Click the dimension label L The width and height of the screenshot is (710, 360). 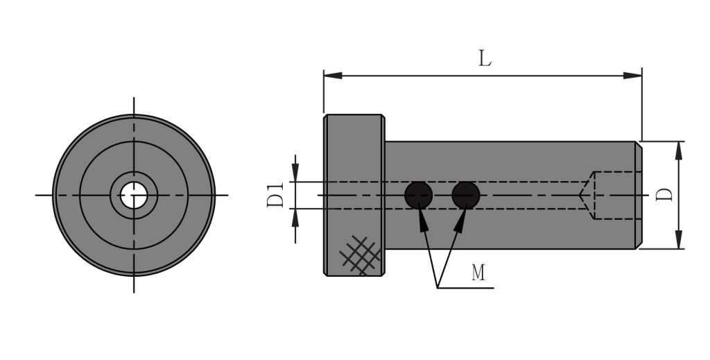click(x=485, y=58)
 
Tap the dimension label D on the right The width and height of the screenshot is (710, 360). click(x=665, y=195)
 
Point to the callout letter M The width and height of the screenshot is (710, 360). click(x=478, y=273)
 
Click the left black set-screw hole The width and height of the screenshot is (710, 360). click(x=418, y=195)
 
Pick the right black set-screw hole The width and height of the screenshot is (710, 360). click(x=466, y=195)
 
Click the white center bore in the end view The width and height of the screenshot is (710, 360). click(x=134, y=195)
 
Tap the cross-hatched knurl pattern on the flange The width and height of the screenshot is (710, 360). click(x=361, y=255)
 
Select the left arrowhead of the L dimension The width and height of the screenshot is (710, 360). click(x=333, y=76)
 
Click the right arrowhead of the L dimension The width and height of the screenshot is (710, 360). click(x=632, y=76)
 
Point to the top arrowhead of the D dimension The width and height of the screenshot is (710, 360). click(x=678, y=151)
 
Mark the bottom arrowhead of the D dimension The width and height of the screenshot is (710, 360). click(x=678, y=239)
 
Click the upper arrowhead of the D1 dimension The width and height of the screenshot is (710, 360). click(x=295, y=173)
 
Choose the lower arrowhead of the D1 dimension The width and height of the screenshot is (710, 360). click(x=295, y=218)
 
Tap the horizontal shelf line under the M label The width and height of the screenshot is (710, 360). click(x=465, y=288)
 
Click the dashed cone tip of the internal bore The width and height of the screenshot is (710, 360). click(x=579, y=195)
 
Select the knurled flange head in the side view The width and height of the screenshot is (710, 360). click(x=354, y=195)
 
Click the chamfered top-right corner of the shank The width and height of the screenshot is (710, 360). click(x=639, y=145)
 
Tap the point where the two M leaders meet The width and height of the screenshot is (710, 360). click(x=438, y=288)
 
